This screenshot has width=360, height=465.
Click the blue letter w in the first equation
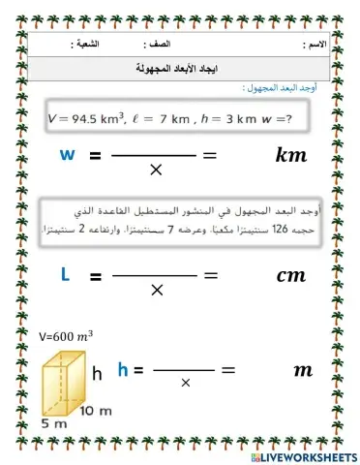pos(66,154)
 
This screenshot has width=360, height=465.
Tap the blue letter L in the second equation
pos(65,274)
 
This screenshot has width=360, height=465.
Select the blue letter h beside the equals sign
pos(123,369)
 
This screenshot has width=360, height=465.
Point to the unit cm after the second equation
pos(290,276)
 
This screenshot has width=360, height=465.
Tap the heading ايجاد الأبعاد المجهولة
pos(179,69)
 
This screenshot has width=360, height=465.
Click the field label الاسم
pos(315,46)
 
